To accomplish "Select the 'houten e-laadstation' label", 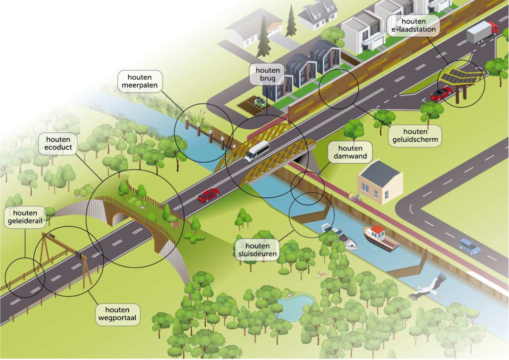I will click(413, 25).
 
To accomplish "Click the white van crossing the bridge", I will click(257, 151).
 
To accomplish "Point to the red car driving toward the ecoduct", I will click(209, 195).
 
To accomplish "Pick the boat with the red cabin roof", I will click(381, 237).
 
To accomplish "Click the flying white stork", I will click(426, 288).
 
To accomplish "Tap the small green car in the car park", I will click(259, 102).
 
